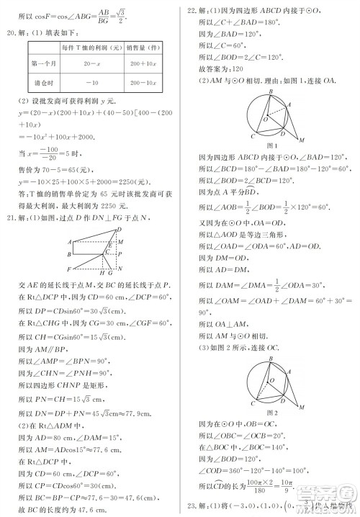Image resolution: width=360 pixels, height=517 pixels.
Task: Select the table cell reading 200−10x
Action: coord(145,84)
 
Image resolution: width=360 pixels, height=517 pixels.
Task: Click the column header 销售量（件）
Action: coord(145,46)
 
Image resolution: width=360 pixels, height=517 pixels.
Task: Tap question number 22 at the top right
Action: coord(192,11)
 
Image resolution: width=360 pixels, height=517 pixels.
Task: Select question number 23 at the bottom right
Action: coord(192,504)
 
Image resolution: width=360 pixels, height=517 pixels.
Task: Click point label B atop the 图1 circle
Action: coord(270,91)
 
